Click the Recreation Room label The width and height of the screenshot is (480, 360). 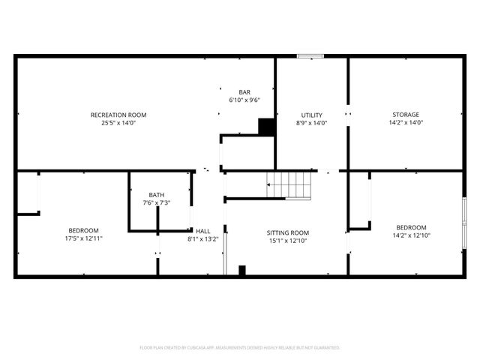[x=118, y=115]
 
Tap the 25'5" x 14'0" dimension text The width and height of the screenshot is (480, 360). [x=118, y=123]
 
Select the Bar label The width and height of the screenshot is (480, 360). [x=244, y=91]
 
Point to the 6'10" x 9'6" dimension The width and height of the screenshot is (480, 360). [x=244, y=99]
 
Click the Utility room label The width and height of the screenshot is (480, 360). [x=311, y=115]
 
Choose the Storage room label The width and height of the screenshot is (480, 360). [x=406, y=115]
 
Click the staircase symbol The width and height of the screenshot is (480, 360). [x=289, y=184]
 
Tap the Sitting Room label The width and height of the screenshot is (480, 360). [x=288, y=232]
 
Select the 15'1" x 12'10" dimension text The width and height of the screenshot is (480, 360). [x=288, y=241]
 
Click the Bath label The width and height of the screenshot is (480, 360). [x=156, y=194]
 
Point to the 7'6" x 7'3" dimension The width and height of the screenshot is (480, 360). [x=156, y=202]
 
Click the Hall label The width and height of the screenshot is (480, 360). [x=202, y=231]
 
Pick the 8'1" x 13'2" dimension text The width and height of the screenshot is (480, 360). [x=202, y=239]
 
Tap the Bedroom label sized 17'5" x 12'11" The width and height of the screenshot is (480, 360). [x=83, y=230]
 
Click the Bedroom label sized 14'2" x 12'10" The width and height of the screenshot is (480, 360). [x=411, y=227]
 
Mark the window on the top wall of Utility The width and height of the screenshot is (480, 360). [x=310, y=55]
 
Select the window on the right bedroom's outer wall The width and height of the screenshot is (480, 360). [x=464, y=222]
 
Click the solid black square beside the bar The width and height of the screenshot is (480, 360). [x=266, y=127]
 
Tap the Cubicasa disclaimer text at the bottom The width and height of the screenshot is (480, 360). [x=240, y=348]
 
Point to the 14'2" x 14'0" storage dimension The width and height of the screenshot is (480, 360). [x=406, y=123]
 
